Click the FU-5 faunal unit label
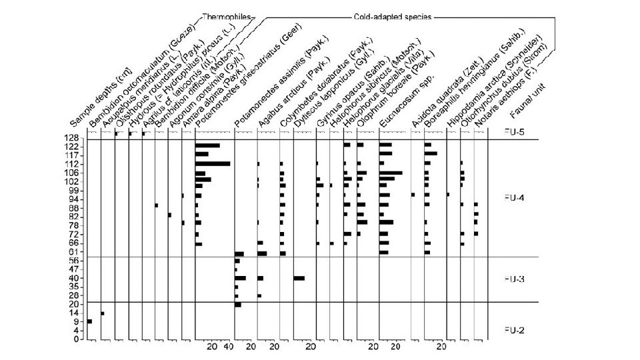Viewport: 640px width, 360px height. coord(513,132)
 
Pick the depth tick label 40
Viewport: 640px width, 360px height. coord(77,278)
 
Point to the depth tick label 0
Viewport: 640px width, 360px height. coord(80,339)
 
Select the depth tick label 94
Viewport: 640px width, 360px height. coord(77,199)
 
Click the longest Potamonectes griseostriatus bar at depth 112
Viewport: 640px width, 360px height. coord(213,163)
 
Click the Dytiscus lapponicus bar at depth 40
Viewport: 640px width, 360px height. coord(299,278)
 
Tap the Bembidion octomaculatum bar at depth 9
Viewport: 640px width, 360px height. coord(89,321)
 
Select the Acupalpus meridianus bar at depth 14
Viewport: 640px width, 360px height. coord(103,313)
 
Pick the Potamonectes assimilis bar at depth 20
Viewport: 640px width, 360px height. coord(238,305)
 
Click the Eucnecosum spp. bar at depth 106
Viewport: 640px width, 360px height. coord(391,173)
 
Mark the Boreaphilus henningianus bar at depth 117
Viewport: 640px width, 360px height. coord(431,154)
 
